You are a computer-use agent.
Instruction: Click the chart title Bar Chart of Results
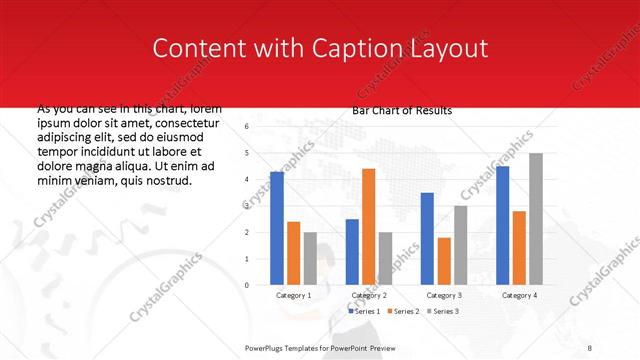click(x=402, y=110)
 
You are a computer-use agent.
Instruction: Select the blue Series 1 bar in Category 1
click(x=277, y=228)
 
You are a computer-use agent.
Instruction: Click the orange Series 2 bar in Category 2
click(x=369, y=227)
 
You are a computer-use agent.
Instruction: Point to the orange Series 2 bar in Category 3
click(x=444, y=261)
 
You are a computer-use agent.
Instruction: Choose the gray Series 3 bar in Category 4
click(x=536, y=219)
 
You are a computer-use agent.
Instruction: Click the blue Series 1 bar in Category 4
click(x=502, y=225)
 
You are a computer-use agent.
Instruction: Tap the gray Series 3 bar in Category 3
click(x=460, y=245)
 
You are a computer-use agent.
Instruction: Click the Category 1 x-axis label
click(x=293, y=296)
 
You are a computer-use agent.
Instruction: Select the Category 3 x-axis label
click(x=443, y=296)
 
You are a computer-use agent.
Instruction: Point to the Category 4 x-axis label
click(x=518, y=296)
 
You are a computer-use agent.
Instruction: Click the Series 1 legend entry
click(x=363, y=312)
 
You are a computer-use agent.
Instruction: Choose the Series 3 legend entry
click(x=443, y=312)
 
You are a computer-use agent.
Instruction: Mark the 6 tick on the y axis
click(x=246, y=127)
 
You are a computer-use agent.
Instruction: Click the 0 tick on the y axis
click(x=246, y=285)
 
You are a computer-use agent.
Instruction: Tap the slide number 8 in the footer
click(x=589, y=347)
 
